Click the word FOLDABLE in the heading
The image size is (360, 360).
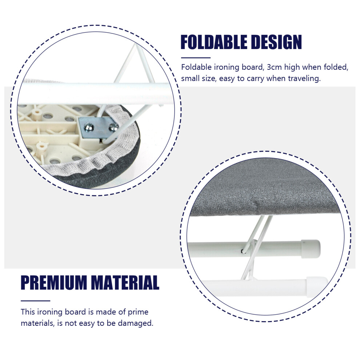coord(214,42)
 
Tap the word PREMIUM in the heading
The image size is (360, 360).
coord(53,283)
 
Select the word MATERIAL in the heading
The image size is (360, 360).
coord(125,283)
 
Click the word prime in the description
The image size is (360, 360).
coord(138,312)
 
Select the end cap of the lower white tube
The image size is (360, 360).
coord(317,287)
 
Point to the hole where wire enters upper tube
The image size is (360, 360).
coord(243,251)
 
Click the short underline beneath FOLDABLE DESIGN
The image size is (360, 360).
coord(196,58)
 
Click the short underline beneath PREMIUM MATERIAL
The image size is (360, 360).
coord(35,300)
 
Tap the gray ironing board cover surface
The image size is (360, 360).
coord(264,191)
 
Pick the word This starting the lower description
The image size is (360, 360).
coord(28,312)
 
